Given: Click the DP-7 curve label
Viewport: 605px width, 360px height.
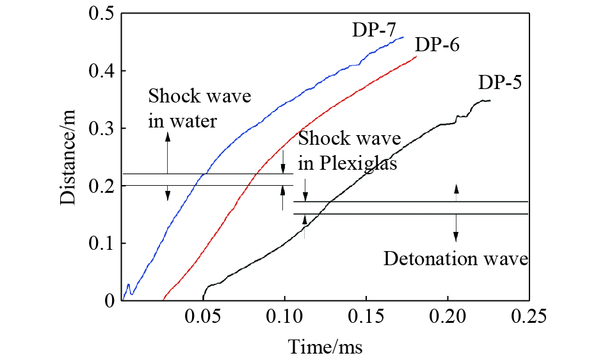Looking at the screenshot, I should click(x=373, y=29).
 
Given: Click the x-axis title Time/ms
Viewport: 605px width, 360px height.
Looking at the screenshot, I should click(x=326, y=347).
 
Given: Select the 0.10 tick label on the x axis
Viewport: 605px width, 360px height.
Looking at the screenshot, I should click(x=284, y=316).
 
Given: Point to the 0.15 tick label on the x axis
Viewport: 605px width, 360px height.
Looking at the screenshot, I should click(x=366, y=316).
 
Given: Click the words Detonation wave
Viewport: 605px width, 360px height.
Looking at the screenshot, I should click(x=455, y=259).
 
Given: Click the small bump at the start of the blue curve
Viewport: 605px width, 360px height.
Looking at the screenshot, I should click(x=129, y=286).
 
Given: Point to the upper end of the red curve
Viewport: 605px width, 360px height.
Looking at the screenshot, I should click(x=416, y=57).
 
